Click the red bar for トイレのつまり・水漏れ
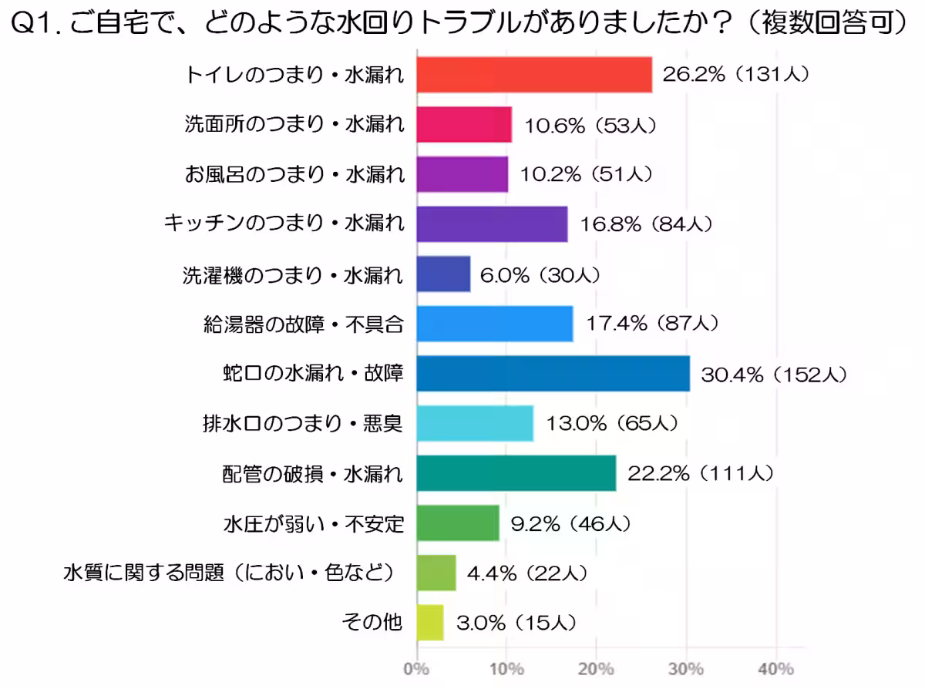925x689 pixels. point(534,75)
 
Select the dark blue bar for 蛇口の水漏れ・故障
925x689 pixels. point(553,374)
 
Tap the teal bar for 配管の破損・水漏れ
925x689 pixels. point(516,473)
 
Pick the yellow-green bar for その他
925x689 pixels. point(430,623)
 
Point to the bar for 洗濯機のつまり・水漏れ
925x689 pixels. point(443,274)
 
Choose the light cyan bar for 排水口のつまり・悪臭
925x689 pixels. point(475,423)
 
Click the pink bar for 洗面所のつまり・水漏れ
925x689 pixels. point(464,125)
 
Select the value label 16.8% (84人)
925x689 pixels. point(646,224)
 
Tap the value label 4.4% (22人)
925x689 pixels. point(529,573)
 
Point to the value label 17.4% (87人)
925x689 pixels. point(652,324)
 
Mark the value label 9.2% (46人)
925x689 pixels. point(572,524)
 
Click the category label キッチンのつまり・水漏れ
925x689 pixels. point(284,224)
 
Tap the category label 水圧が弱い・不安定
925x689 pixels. point(313,524)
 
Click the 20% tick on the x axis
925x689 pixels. point(596,667)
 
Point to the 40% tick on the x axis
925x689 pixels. point(775,667)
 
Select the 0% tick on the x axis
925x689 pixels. point(417,667)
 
